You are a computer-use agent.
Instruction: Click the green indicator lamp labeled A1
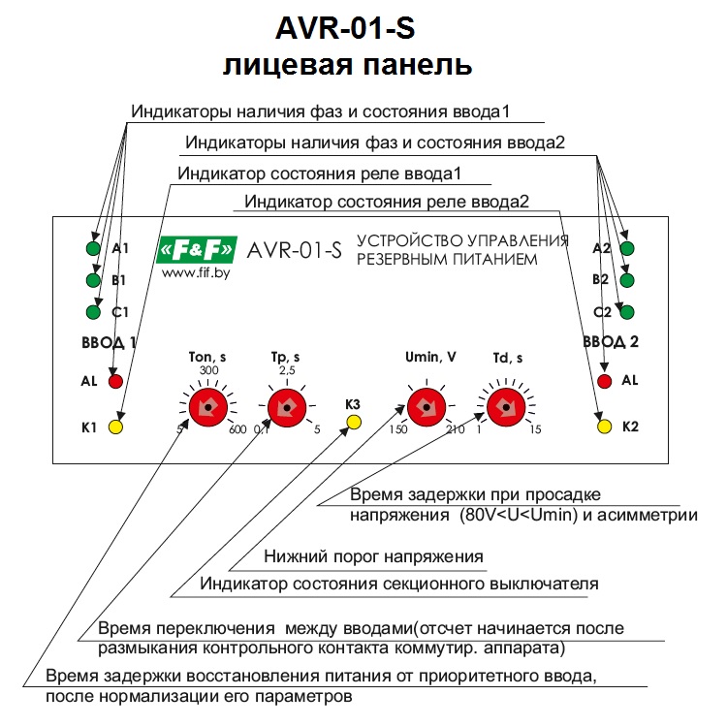click(x=94, y=249)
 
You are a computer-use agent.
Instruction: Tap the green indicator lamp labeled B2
click(x=627, y=280)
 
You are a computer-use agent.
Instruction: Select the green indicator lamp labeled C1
click(x=94, y=312)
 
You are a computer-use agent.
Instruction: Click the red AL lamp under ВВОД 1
click(x=115, y=381)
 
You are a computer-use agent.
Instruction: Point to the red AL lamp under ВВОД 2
click(x=605, y=381)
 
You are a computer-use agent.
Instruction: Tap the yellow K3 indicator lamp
click(x=354, y=422)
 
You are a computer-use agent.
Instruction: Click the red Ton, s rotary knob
click(x=206, y=409)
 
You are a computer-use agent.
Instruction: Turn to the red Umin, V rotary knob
click(x=423, y=409)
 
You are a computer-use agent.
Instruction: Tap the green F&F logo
click(x=195, y=250)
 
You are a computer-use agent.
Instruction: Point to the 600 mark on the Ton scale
click(x=237, y=431)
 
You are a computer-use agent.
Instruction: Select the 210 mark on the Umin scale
click(x=455, y=431)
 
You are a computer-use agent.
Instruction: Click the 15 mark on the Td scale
click(x=535, y=431)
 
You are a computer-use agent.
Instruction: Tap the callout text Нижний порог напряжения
click(x=373, y=557)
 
